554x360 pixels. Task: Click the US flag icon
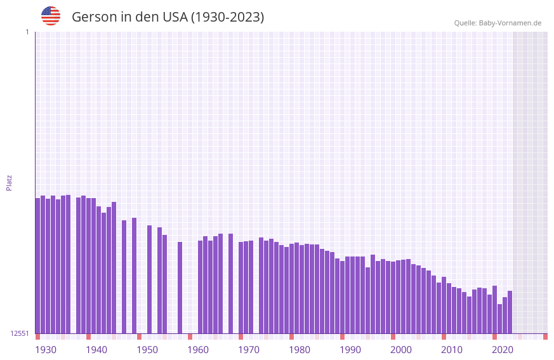51,16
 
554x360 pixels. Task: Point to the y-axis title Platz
9,182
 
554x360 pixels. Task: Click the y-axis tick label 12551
20,333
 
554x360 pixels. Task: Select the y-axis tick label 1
27,32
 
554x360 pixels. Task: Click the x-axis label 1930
46,350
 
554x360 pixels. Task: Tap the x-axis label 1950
147,350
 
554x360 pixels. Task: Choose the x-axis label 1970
249,350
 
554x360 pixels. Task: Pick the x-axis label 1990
350,350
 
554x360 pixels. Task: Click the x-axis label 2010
452,350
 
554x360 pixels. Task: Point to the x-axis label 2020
503,350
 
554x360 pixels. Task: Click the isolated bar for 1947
124,277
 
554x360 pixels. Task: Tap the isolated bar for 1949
134,276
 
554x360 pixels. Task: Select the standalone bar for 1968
230,283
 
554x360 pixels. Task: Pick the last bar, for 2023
510,312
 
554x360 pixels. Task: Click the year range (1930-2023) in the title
228,17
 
